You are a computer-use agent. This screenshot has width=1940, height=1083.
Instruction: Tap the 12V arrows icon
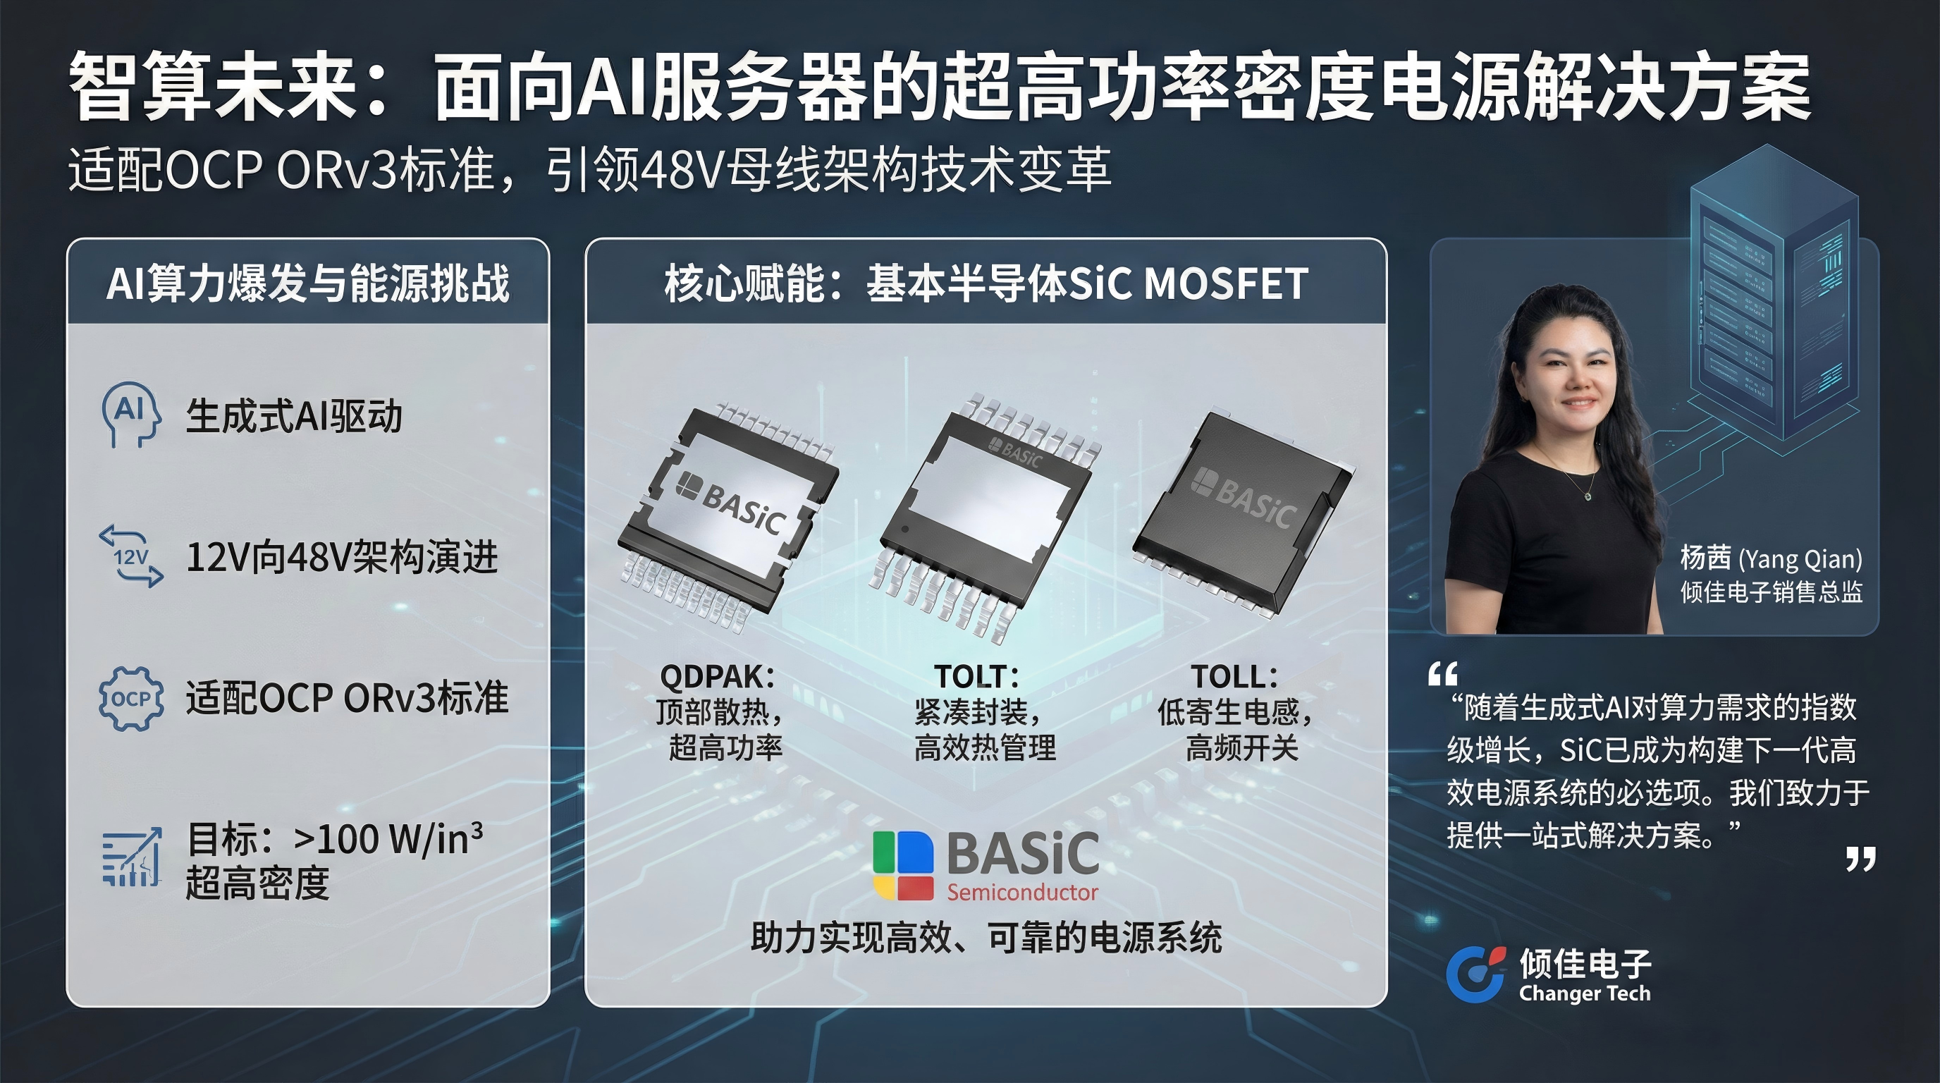click(130, 556)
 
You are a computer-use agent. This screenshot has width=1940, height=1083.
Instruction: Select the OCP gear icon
click(131, 698)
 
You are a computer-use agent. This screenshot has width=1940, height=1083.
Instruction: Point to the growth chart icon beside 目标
click(131, 858)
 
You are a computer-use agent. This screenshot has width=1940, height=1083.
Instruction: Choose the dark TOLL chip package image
click(1243, 512)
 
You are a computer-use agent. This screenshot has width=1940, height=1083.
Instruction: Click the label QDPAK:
click(717, 676)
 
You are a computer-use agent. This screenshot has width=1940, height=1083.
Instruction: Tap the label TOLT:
click(976, 676)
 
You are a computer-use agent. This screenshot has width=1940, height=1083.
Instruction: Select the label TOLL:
click(1234, 676)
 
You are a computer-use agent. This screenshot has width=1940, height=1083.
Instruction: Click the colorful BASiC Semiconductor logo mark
click(903, 865)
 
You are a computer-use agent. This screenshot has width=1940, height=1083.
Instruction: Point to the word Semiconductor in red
click(1022, 893)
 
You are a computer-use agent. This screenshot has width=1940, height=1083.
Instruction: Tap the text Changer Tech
click(1585, 993)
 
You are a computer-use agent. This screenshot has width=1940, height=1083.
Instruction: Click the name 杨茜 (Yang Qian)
click(1771, 558)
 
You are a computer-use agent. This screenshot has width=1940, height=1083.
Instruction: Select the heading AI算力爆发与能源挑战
click(308, 283)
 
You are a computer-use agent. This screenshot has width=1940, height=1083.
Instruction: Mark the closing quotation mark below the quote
click(1860, 859)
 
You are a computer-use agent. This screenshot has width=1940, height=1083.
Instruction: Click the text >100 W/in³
click(388, 838)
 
